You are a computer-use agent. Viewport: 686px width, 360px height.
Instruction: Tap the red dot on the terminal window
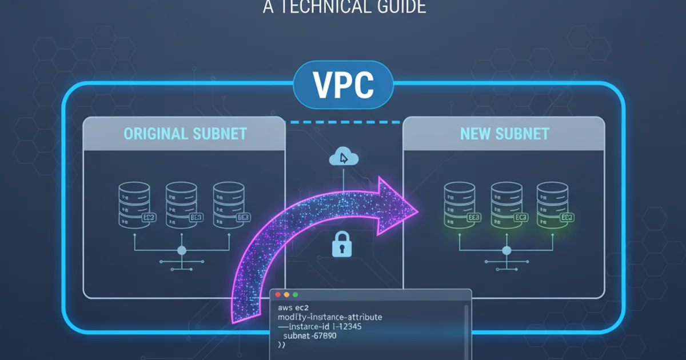tap(278, 295)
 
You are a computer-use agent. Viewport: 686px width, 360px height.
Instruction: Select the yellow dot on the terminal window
tap(286, 295)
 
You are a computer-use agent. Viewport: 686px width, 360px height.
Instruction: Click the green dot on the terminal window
tap(295, 295)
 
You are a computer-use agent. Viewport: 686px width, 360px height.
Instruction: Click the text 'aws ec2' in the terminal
tap(291, 307)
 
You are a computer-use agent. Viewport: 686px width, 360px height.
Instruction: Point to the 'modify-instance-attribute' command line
tap(329, 317)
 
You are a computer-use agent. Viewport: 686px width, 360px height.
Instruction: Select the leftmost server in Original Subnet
tap(134, 203)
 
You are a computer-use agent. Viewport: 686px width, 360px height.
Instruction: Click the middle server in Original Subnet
tap(181, 203)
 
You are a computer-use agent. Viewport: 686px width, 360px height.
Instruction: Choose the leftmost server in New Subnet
tap(459, 203)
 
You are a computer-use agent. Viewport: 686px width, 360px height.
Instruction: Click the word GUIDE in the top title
tap(397, 7)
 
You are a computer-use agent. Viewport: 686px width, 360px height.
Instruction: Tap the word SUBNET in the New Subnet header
tap(523, 134)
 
